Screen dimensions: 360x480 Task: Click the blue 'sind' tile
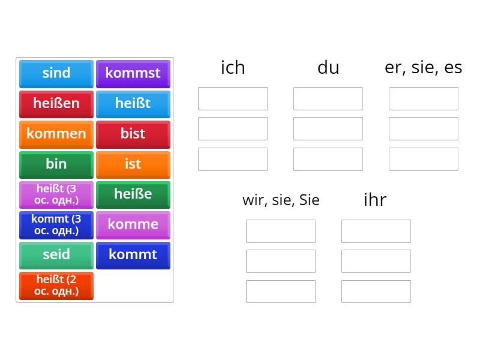point(56,73)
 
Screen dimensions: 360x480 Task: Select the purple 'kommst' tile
point(133,73)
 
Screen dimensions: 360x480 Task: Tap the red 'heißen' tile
point(56,103)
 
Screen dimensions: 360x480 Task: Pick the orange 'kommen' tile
point(56,134)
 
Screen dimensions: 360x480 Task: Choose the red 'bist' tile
point(133,134)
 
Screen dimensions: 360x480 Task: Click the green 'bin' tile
point(56,164)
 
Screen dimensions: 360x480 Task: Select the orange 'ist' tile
point(133,164)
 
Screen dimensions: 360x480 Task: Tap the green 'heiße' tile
point(133,194)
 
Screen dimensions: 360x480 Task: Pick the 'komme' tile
point(133,224)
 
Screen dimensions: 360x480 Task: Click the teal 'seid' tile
point(56,254)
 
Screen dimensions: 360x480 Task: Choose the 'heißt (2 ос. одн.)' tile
point(56,285)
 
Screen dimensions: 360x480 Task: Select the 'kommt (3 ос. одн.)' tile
point(56,224)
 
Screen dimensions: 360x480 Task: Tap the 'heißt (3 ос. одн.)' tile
point(56,194)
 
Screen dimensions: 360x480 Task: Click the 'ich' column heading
point(233,68)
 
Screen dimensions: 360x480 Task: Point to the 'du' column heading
point(328,68)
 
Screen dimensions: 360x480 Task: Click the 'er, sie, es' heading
point(423,68)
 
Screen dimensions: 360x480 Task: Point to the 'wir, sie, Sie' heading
point(281,200)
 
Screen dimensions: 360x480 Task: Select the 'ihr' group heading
point(375,200)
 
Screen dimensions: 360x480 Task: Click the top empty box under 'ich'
point(233,98)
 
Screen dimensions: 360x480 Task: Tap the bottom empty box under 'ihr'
point(376,291)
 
